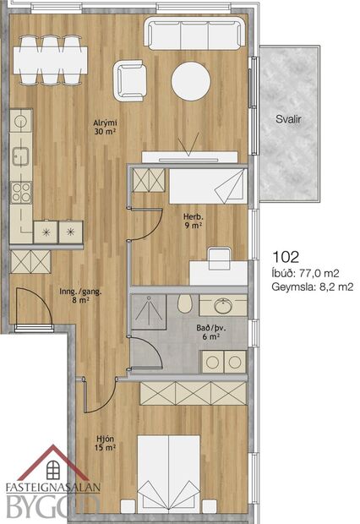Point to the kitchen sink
coord(21,156)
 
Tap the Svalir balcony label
coord(288,119)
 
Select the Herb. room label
coord(194,221)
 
